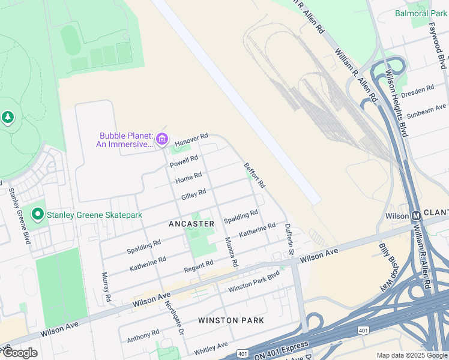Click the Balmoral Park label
(x=421, y=13)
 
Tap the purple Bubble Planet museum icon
(x=161, y=140)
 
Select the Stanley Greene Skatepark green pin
(x=38, y=214)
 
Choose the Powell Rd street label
(x=184, y=161)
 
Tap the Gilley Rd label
(x=194, y=194)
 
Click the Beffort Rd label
(x=255, y=175)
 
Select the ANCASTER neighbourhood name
(x=191, y=224)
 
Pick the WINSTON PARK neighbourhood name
(x=231, y=320)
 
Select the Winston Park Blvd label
(x=254, y=284)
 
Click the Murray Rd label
(x=106, y=287)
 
